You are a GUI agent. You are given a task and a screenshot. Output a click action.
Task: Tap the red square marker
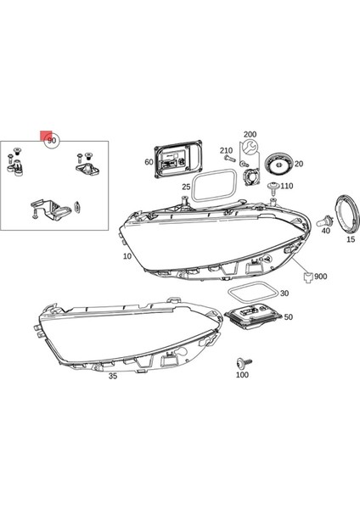[45, 134]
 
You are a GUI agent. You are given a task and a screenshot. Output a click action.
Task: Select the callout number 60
[149, 161]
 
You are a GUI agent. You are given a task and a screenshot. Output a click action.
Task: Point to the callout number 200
[249, 135]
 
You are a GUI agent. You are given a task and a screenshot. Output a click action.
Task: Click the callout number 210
[225, 149]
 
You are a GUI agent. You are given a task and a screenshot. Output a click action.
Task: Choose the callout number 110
[286, 186]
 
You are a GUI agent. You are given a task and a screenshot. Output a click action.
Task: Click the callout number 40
[325, 231]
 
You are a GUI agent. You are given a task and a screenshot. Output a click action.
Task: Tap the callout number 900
[320, 277]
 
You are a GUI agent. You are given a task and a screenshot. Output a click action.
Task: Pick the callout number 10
[127, 256]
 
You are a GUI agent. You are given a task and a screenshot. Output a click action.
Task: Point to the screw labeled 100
[243, 360]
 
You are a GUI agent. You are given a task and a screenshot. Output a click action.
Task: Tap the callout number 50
[289, 316]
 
